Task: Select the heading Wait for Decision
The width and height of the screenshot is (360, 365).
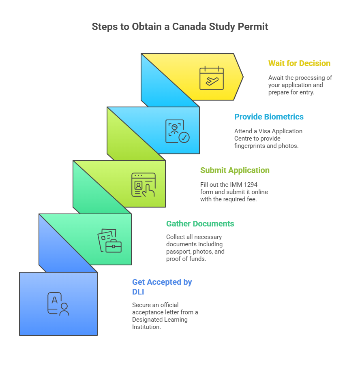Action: tap(299, 63)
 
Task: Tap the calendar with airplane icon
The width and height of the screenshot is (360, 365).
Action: tap(211, 78)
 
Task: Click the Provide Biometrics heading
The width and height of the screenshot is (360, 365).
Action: tap(269, 117)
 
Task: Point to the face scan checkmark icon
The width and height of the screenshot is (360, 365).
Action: tap(177, 131)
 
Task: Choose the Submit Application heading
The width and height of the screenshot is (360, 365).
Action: tap(235, 170)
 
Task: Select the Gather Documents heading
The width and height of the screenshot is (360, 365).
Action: tap(200, 224)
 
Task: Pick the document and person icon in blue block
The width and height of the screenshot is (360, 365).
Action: tap(58, 304)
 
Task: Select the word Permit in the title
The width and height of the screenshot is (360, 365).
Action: tap(254, 27)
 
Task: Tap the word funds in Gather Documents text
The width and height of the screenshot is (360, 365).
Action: tap(197, 259)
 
